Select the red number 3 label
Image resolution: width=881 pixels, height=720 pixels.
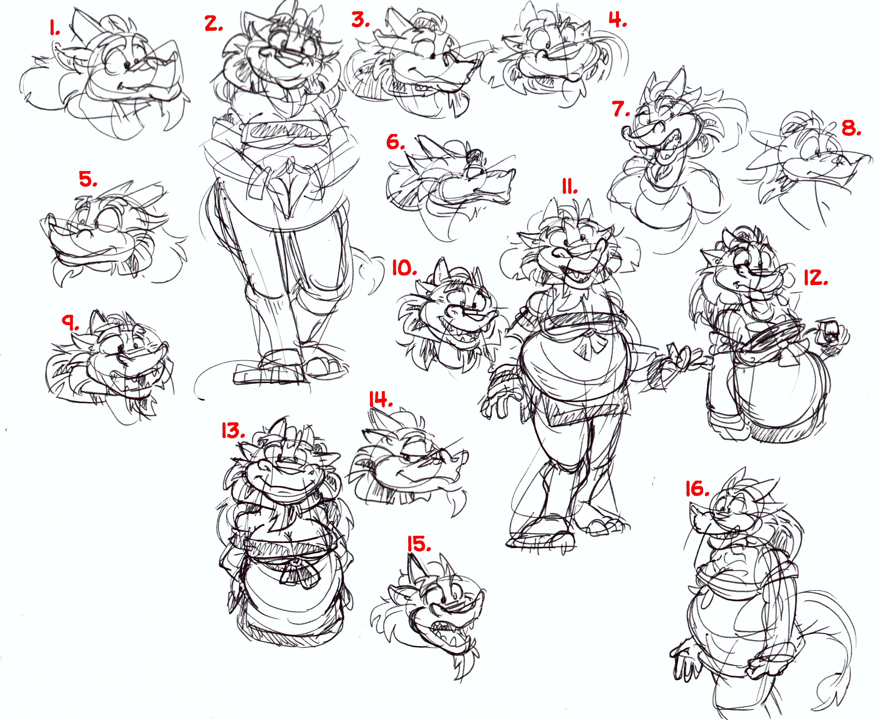coord(360,20)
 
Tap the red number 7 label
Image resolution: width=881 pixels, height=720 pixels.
coord(621,109)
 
